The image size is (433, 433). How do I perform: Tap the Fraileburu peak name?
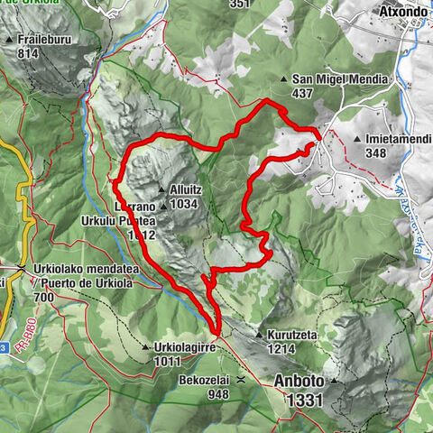click(x=48, y=41)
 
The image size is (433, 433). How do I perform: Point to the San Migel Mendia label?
click(x=340, y=79)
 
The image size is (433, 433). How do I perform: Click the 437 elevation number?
click(x=302, y=93)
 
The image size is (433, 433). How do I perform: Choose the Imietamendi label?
click(x=398, y=140)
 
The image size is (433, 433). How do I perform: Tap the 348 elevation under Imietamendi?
click(x=378, y=153)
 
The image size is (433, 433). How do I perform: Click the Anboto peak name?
click(x=298, y=381)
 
